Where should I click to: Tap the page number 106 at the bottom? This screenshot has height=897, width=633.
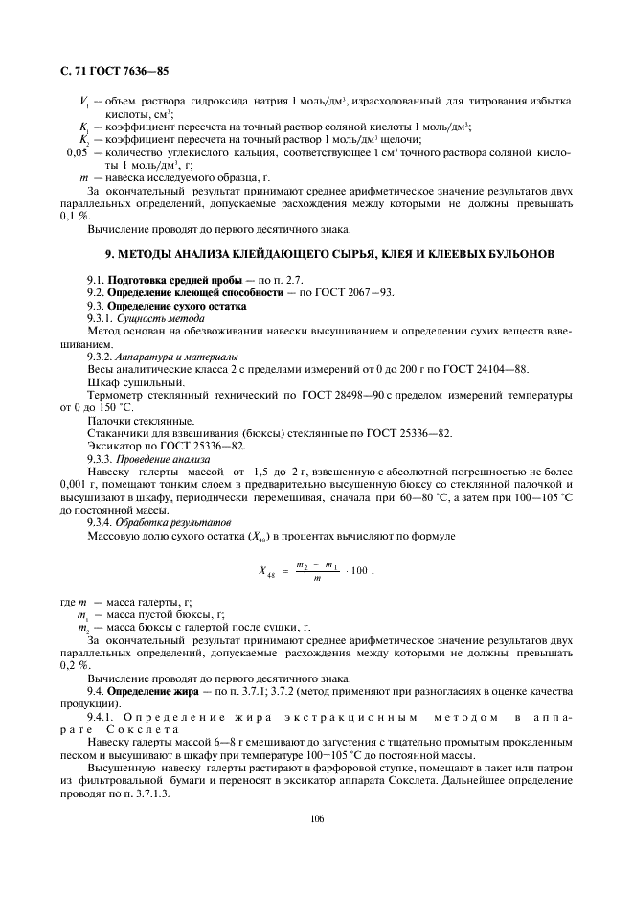pyautogui.click(x=317, y=817)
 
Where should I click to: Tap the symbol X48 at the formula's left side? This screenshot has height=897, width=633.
pyautogui.click(x=268, y=572)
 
